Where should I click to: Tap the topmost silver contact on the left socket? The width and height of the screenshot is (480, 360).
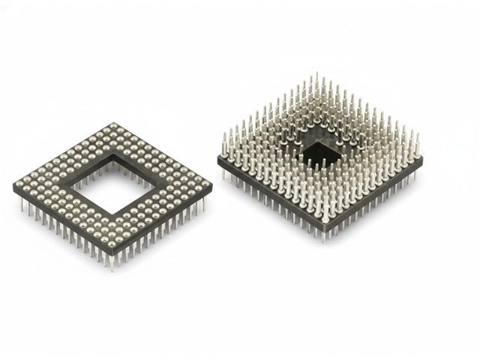pyautogui.click(x=113, y=124)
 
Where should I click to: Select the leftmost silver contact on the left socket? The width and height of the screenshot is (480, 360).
pyautogui.click(x=21, y=184)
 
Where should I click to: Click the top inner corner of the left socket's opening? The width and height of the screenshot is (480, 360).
pyautogui.click(x=113, y=154)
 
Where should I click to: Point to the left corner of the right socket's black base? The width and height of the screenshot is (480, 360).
pyautogui.click(x=218, y=159)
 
